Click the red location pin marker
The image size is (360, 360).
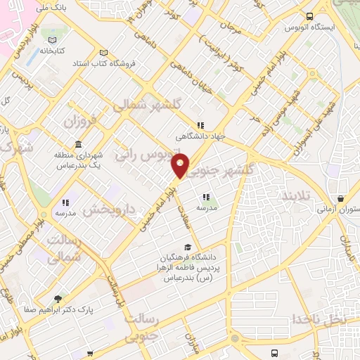point(181,167)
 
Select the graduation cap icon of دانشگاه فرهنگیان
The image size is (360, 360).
point(187,247)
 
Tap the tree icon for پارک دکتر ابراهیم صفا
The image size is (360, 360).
point(58,297)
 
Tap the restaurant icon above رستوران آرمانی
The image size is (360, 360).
point(341,198)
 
